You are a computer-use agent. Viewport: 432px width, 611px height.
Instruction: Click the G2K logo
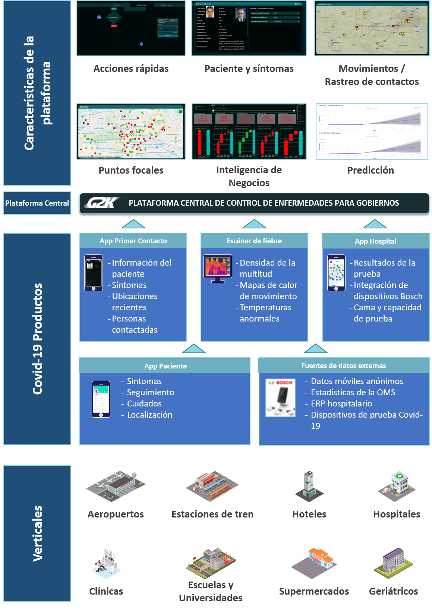(101, 203)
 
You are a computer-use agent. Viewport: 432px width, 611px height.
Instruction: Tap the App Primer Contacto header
(133, 241)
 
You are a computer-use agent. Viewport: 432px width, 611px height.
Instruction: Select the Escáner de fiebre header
(254, 241)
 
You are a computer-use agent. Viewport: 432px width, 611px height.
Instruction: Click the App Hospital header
(375, 241)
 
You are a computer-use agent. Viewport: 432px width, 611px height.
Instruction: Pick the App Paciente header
(165, 366)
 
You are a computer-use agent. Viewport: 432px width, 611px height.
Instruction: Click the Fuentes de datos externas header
(343, 366)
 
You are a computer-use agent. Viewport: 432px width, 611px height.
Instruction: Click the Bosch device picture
(281, 398)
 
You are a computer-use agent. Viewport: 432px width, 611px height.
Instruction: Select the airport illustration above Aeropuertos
(116, 486)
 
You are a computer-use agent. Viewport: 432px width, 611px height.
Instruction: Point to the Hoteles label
(309, 514)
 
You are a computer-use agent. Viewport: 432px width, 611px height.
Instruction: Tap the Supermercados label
(314, 591)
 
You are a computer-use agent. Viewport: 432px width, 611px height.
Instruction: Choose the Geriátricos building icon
(394, 563)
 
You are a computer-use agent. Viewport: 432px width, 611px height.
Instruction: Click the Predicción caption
(370, 170)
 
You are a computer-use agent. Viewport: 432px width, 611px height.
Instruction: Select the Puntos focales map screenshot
(131, 132)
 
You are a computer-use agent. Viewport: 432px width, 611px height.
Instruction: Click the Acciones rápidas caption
(131, 69)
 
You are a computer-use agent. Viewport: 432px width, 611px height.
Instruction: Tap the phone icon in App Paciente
(101, 399)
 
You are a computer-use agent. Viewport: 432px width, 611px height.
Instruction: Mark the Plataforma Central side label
(37, 203)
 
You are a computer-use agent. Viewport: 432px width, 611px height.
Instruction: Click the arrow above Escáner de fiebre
(254, 224)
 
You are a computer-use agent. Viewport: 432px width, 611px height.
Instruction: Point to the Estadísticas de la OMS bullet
(353, 392)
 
